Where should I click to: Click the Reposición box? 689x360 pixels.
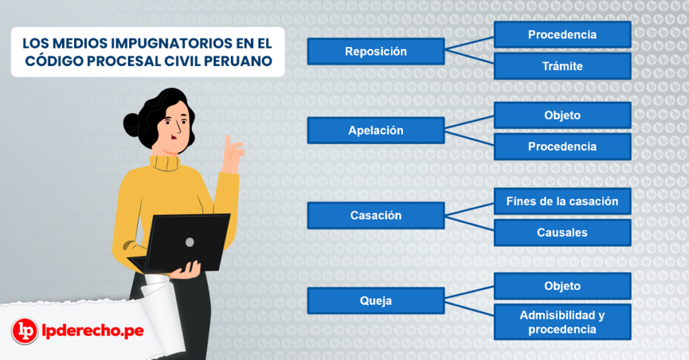375,51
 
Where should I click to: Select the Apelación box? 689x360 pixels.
375,130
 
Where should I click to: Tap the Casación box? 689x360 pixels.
375,215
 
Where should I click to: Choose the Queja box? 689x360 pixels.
375,301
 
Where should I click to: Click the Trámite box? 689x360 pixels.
562,66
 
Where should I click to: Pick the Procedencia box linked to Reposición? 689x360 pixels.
562,34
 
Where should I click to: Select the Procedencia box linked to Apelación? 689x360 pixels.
562,146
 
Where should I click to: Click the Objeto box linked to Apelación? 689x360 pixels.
562,115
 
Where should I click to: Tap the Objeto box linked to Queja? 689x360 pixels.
562,286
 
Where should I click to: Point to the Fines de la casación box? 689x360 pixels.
562,201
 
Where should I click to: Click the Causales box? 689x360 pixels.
562,232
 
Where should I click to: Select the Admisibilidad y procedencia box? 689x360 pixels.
562,322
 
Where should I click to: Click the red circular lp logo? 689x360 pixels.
25,331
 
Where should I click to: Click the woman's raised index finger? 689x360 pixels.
229,143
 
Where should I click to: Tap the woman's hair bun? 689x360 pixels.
132,123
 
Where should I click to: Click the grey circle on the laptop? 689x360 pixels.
190,242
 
